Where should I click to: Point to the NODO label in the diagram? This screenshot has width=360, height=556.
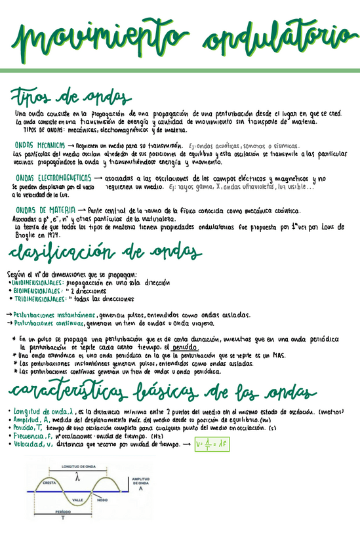(x=102, y=500)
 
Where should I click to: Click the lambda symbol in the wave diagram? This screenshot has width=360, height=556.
(x=78, y=477)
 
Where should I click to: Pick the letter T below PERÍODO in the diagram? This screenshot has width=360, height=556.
(x=63, y=518)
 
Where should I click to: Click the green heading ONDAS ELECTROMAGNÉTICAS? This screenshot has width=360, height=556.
(x=53, y=178)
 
